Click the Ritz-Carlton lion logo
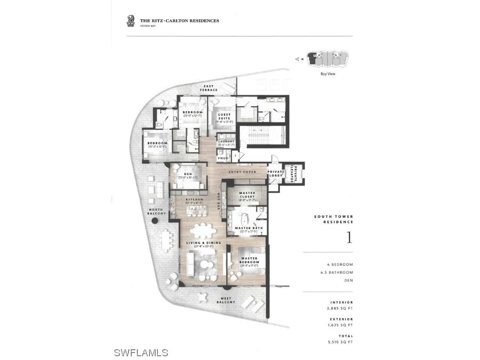click(131, 20)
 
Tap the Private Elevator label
click(296, 173)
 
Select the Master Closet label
click(247, 195)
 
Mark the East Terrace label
click(208, 88)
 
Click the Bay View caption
click(328, 74)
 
